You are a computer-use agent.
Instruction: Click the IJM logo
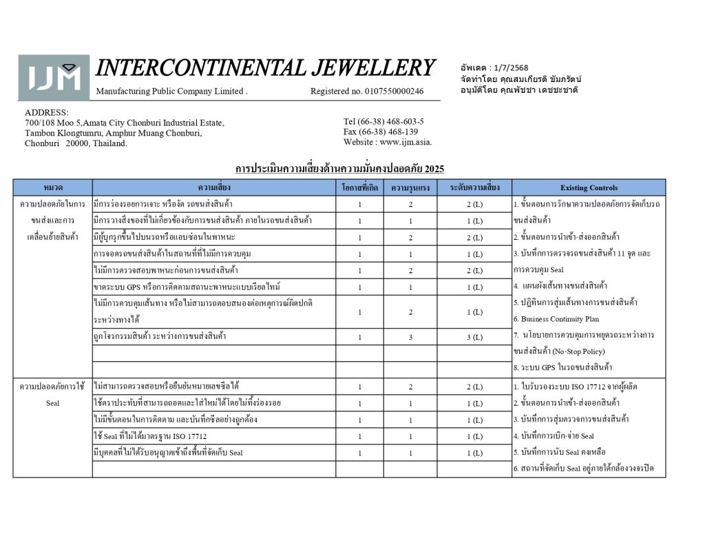(54, 78)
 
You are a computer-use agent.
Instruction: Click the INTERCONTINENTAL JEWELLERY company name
(266, 68)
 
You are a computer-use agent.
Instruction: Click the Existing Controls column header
(589, 187)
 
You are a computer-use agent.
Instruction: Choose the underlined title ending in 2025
(339, 169)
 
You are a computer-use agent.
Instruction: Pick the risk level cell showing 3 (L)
(474, 337)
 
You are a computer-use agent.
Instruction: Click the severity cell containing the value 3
(410, 337)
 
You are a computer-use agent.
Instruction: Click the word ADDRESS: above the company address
(47, 112)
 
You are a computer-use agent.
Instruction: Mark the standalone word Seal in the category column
(52, 403)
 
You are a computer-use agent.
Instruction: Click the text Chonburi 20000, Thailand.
(76, 143)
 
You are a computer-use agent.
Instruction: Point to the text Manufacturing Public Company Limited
(171, 91)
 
